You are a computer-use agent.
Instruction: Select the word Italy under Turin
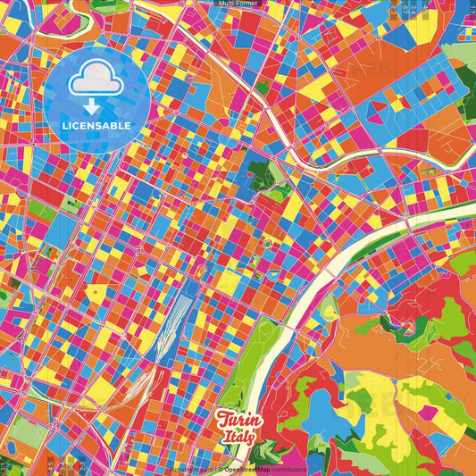point(239,438)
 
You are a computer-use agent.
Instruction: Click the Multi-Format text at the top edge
point(238,4)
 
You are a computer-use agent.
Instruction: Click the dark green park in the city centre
point(260,173)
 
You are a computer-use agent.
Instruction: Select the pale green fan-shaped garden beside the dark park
point(277,191)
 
